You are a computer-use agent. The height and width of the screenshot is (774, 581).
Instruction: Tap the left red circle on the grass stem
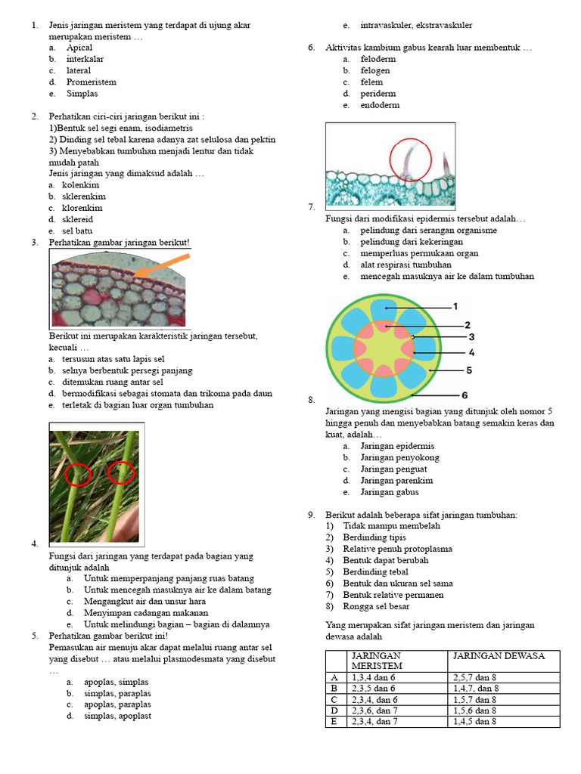pyautogui.click(x=78, y=475)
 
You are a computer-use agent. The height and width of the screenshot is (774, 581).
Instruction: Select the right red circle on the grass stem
pyautogui.click(x=121, y=473)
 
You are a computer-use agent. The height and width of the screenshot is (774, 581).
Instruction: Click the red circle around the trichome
pyautogui.click(x=410, y=160)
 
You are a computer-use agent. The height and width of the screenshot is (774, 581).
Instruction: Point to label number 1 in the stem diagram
pyautogui.click(x=455, y=306)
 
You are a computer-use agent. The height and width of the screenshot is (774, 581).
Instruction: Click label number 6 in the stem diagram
pyautogui.click(x=464, y=395)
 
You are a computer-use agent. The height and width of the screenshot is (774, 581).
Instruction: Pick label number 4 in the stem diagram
pyautogui.click(x=471, y=352)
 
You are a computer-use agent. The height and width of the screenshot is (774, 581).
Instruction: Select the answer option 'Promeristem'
pyautogui.click(x=92, y=82)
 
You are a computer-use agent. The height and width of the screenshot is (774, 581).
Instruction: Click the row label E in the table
pyautogui.click(x=334, y=722)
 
